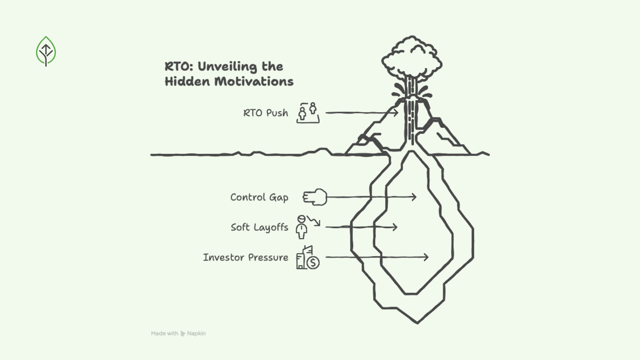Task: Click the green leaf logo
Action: coord(46,51)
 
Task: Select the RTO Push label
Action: coord(266,113)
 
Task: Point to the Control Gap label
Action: coord(259,197)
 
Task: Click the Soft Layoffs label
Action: coord(259,227)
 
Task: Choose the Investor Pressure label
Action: coord(246,257)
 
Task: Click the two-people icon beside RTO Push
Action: coord(308,113)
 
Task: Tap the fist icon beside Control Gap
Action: coord(315,197)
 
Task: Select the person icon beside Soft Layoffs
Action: coord(301,228)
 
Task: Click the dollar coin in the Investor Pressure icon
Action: coord(313,263)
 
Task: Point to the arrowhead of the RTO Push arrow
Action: coord(396,113)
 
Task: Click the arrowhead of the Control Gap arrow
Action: coord(414,197)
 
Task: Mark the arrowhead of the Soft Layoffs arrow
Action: coord(395,227)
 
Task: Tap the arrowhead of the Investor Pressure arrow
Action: coord(426,257)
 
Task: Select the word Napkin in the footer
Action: coord(196,333)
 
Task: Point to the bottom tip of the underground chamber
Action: coord(417,322)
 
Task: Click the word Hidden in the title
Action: coord(187,82)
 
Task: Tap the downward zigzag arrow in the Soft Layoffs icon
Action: coord(314,221)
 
